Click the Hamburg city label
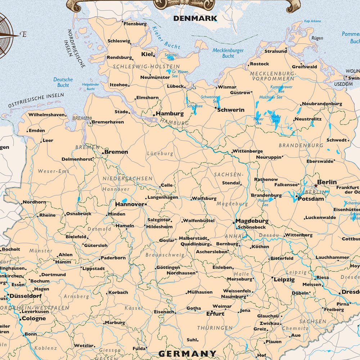pos(170,113)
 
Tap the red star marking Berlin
pos(316,186)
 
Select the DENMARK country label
pos(195,18)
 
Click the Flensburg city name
pos(135,24)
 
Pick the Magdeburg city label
pos(252,221)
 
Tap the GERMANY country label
pos(188,354)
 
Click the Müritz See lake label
pos(276,118)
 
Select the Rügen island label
pos(317,38)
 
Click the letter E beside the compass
pos(24,35)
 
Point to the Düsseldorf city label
pos(25,296)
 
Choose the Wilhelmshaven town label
pos(47,115)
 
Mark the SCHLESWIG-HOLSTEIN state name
pos(146,67)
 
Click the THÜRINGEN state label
pos(215,328)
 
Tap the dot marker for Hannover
pos(145,204)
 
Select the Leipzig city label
pos(284,279)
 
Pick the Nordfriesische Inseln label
pos(76,49)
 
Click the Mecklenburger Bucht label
pos(228,53)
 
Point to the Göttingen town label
pos(168,267)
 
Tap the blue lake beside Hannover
pos(125,201)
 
